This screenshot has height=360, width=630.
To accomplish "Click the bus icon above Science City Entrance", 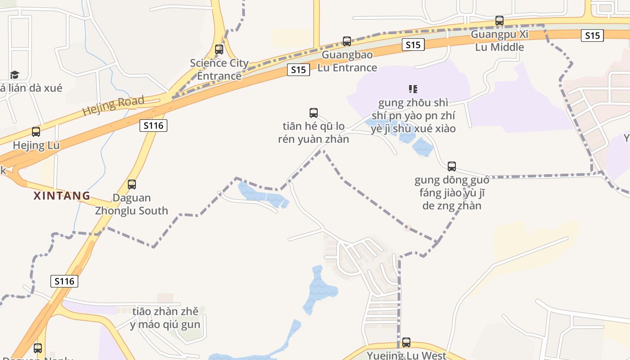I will (219, 49).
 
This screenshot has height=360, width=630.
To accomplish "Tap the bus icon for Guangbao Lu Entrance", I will (347, 41).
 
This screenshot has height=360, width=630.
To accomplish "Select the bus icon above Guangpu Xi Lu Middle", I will (499, 21).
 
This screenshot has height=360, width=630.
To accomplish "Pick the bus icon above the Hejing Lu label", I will (36, 132).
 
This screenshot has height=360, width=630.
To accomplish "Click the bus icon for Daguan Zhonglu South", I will (132, 184).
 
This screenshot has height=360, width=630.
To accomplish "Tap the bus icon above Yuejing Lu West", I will (406, 342).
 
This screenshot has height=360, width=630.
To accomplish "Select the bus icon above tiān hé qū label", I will (314, 113).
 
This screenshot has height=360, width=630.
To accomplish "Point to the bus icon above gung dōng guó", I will (452, 166).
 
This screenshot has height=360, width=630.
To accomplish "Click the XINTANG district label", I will (62, 196).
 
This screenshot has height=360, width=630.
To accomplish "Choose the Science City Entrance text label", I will (219, 69).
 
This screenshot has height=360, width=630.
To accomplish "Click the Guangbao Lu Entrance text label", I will (347, 61).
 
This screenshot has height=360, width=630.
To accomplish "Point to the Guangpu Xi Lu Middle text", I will (499, 40).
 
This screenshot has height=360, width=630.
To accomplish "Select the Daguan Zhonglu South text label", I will (131, 204).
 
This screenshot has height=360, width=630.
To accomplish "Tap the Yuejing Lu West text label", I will (406, 355).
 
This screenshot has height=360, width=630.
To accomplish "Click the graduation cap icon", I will (15, 75).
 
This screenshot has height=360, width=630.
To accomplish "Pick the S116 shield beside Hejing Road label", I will (153, 126).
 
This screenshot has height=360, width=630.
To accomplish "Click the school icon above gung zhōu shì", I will (413, 89).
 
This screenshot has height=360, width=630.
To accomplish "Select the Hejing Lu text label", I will (36, 145).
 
